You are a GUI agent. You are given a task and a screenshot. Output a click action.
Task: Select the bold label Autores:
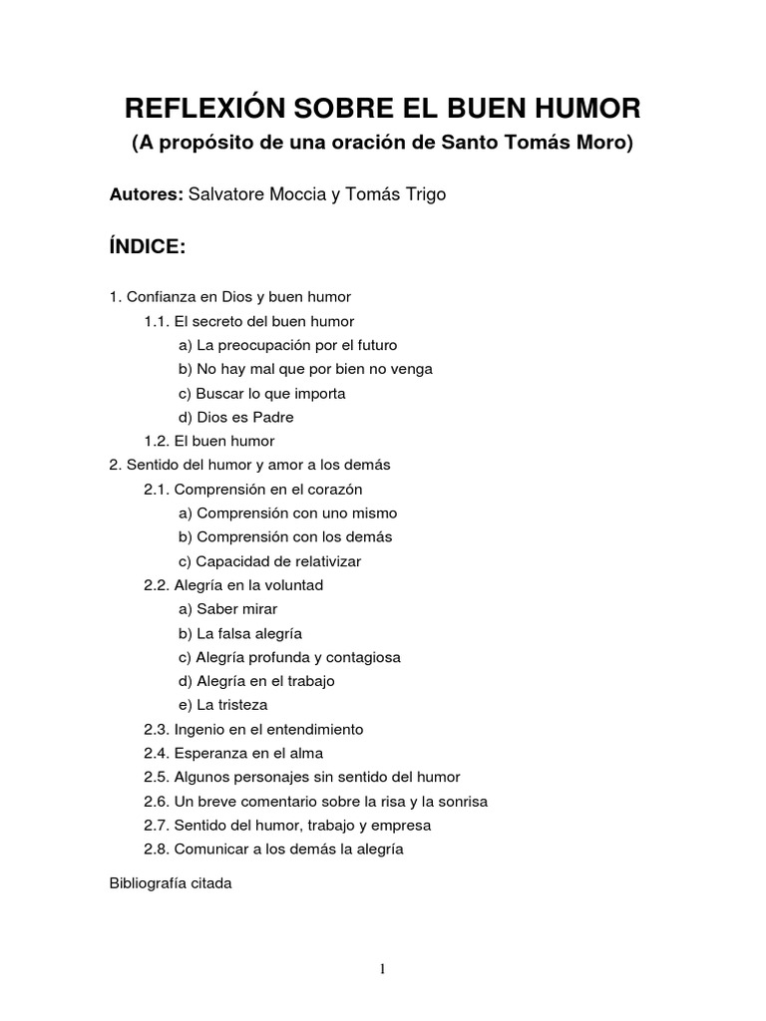[147, 194]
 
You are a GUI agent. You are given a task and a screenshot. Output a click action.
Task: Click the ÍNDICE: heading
[148, 247]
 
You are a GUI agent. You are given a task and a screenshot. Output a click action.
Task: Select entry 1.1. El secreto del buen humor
[248, 321]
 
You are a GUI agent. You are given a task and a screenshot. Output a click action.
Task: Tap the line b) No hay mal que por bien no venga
[305, 369]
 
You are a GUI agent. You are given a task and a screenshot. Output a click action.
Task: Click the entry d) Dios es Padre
[236, 417]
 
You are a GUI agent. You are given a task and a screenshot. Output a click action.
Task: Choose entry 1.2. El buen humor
[208, 441]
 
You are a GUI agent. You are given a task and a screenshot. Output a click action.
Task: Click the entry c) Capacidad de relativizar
[269, 561]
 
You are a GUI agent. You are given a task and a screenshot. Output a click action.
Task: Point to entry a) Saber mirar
[227, 609]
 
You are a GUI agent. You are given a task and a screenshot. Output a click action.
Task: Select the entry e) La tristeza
[223, 705]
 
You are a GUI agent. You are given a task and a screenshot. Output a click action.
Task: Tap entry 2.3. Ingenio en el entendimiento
[253, 729]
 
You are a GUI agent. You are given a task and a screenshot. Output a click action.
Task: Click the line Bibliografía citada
[171, 883]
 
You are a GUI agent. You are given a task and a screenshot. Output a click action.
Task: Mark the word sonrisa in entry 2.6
[460, 802]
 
